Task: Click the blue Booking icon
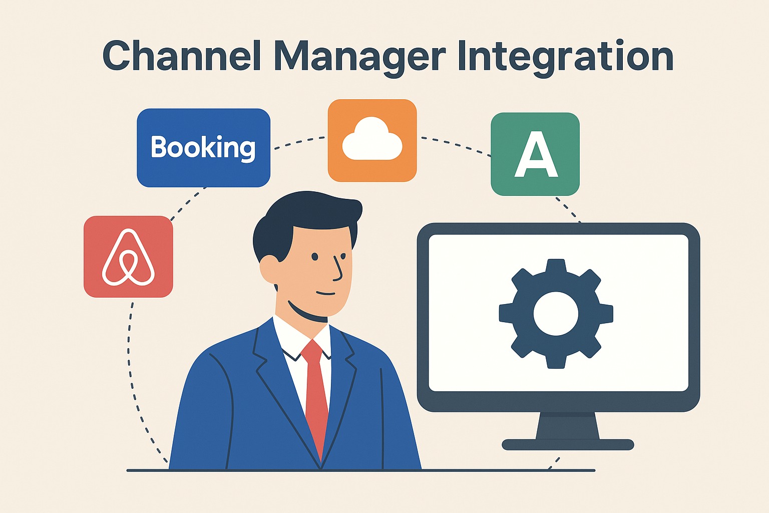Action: point(203,148)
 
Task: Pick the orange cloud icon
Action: point(372,141)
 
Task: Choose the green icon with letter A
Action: point(535,154)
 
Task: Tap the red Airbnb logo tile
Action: point(128,256)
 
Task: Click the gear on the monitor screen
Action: point(556,314)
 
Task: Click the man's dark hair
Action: point(305,215)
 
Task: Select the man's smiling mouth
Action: point(326,293)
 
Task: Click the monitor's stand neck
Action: point(567,426)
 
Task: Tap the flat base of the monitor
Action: point(568,444)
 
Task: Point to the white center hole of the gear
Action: point(556,314)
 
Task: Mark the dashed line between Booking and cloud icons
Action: point(299,142)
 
